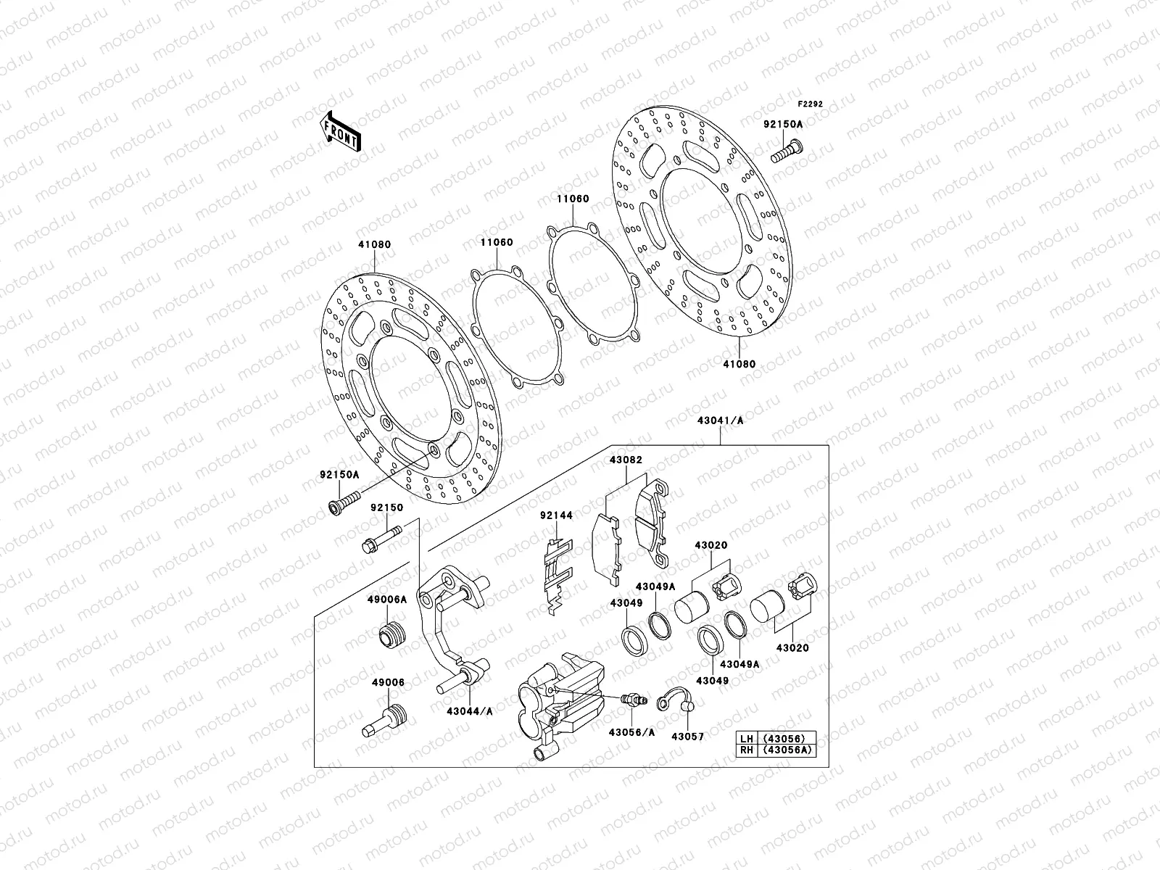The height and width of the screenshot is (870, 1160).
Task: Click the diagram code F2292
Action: point(811,104)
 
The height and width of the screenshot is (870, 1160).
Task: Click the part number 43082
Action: point(626,460)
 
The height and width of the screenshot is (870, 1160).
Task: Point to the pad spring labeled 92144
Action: point(558,576)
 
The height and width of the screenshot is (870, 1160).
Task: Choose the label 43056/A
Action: point(631,732)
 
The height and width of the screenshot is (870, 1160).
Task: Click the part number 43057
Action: point(687,736)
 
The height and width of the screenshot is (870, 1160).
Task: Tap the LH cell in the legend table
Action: point(746,739)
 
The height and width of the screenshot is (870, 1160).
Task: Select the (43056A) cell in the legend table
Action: point(784,751)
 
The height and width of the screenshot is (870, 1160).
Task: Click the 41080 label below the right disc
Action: point(738,364)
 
